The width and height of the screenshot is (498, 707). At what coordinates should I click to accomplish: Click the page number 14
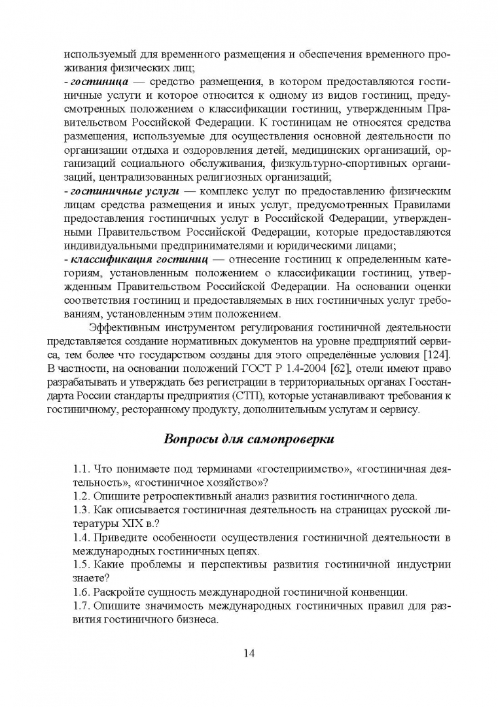(x=249, y=653)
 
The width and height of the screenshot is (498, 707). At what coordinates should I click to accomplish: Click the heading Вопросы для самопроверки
(x=249, y=438)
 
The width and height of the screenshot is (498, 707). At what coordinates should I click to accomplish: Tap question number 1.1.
(x=82, y=469)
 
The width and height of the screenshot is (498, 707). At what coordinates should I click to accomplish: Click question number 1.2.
(x=82, y=496)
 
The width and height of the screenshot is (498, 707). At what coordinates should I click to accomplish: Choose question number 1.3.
(x=82, y=510)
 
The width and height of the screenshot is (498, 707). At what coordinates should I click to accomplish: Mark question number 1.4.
(x=82, y=537)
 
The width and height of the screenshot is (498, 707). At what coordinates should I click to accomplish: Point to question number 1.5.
(x=82, y=564)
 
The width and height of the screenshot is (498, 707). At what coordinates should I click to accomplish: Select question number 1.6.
(x=82, y=592)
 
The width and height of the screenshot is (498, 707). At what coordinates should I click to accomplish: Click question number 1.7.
(x=82, y=606)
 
